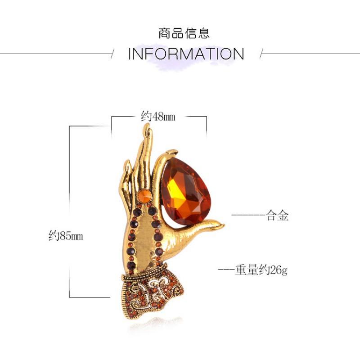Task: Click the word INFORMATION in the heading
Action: (186, 54)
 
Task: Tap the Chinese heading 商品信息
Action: (184, 33)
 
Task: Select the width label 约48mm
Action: (158, 116)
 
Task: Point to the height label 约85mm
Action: (66, 235)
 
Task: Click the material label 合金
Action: (277, 216)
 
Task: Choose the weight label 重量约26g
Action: (261, 270)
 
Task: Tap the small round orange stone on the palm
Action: (144, 196)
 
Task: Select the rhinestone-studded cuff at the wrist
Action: (152, 292)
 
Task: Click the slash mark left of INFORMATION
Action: (112, 54)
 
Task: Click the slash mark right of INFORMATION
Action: (261, 54)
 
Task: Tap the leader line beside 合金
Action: (249, 215)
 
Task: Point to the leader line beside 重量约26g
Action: (226, 270)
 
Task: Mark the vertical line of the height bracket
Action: (70, 211)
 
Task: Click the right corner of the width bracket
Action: (207, 117)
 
